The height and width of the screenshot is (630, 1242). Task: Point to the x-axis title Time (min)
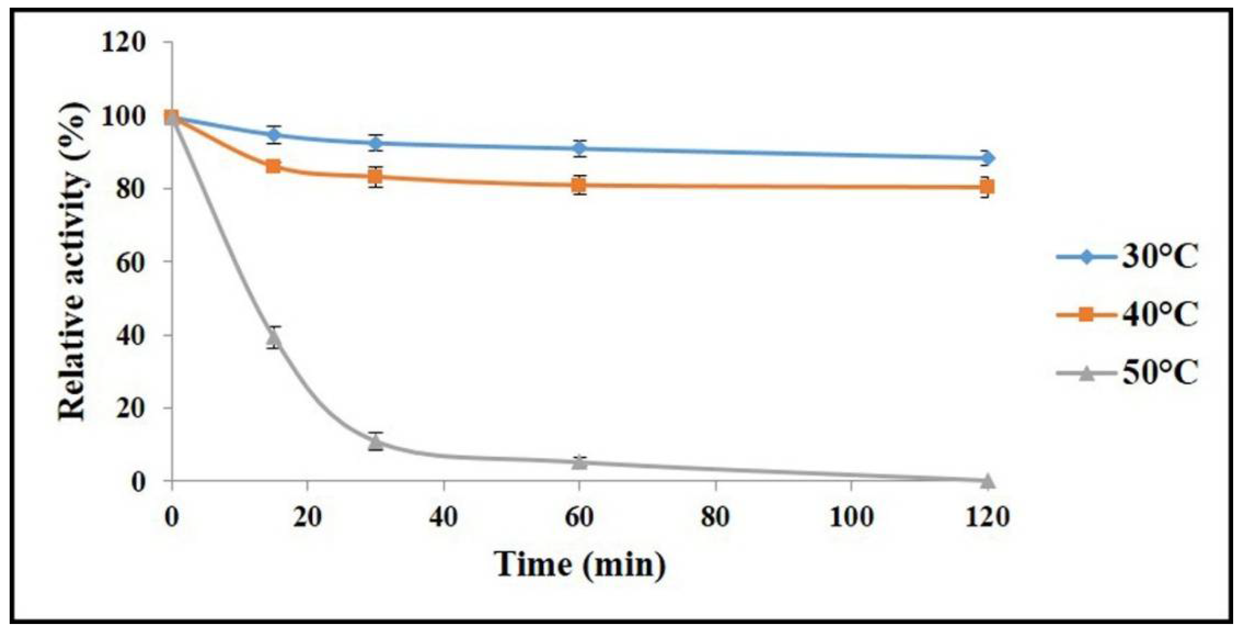[x=580, y=564]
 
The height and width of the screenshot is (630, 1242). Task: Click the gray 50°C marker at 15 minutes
[x=274, y=338]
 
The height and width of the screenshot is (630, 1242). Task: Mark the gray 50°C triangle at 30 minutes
[x=376, y=442]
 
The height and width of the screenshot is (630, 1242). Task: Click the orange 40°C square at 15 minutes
[x=273, y=167]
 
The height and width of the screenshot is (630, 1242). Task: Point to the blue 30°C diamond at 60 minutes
[x=580, y=148]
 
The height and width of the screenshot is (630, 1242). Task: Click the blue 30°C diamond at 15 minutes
[x=274, y=135]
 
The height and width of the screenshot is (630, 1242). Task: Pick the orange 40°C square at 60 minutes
[x=580, y=185]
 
